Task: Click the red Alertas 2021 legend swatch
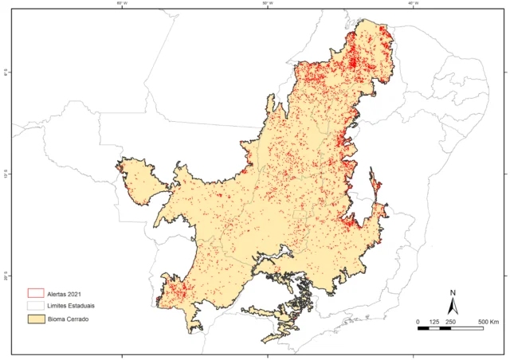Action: tap(35, 292)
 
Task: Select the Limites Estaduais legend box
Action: tap(35, 305)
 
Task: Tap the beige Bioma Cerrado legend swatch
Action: tap(35, 319)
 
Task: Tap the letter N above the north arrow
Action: tap(452, 292)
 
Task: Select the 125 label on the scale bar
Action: tap(435, 321)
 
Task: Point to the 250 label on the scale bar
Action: tap(451, 321)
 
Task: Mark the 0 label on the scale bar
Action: tap(419, 321)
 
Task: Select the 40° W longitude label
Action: tap(414, 3)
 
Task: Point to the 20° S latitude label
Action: tap(6, 276)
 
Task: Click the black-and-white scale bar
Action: tap(451, 328)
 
